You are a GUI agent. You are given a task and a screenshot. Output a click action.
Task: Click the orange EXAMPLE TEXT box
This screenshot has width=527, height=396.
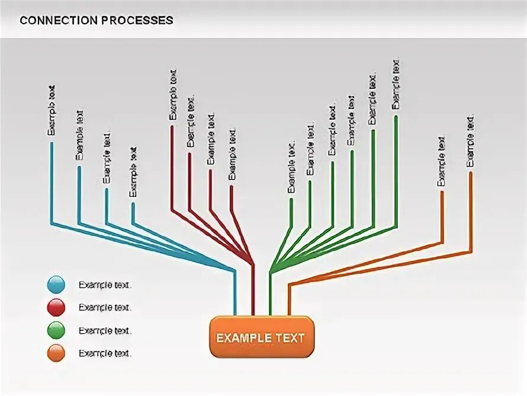pos(261,338)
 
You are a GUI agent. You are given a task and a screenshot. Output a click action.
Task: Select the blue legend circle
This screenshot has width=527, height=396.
pos(56,285)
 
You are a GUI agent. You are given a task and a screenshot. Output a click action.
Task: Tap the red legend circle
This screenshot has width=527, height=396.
pos(56,308)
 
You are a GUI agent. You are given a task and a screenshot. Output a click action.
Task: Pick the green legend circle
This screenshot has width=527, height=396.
pos(56,330)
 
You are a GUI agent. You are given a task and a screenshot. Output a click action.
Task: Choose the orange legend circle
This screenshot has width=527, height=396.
pos(56,353)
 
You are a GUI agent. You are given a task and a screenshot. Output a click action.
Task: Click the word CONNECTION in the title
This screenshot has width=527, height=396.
pos(57,20)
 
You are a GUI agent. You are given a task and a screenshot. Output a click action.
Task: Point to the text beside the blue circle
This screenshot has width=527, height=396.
pos(105,285)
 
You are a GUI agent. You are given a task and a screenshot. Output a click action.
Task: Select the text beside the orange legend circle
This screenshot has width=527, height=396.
pos(105,353)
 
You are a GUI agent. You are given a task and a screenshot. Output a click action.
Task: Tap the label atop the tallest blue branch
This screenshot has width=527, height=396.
pos(52,111)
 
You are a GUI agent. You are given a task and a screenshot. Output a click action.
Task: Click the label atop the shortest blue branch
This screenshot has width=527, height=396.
pos(133,172)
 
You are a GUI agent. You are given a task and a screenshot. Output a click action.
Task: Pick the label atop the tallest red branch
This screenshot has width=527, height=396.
pos(172,95)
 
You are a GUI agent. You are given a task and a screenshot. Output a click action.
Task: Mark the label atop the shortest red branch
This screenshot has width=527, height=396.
pos(232,154)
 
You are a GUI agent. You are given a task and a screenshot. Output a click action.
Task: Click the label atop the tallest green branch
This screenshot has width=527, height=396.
pos(396,84)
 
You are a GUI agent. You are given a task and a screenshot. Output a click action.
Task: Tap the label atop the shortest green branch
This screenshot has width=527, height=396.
pos(291,167)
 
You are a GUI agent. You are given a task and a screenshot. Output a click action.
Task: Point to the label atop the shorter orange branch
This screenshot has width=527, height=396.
pos(441,161)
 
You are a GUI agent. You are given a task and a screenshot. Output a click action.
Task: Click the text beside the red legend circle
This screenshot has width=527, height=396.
pos(105,308)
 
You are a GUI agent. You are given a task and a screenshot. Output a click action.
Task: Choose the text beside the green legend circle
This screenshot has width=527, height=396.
pos(105,330)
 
